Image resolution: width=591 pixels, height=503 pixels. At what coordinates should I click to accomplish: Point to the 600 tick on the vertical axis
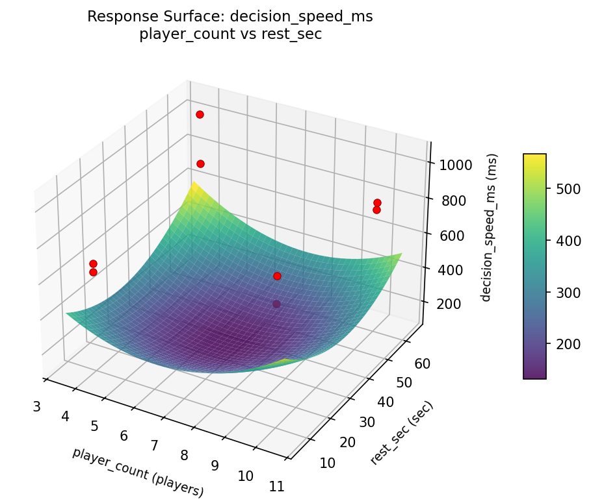[x=452, y=235]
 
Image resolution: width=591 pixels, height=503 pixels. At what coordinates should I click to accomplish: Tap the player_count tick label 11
[x=276, y=486]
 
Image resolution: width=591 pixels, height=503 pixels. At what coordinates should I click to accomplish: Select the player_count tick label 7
[x=154, y=445]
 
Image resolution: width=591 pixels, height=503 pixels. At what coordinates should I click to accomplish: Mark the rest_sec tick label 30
[x=366, y=422]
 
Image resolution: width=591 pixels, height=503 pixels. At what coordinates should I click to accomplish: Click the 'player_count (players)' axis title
[x=138, y=472]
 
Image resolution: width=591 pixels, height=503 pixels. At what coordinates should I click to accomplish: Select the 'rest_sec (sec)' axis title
[x=401, y=433]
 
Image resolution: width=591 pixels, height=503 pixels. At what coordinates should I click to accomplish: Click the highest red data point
[x=200, y=114]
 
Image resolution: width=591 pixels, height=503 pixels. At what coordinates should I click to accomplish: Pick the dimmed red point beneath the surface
[x=277, y=304]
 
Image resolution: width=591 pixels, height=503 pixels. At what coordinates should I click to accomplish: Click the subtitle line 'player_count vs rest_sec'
[x=230, y=34]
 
